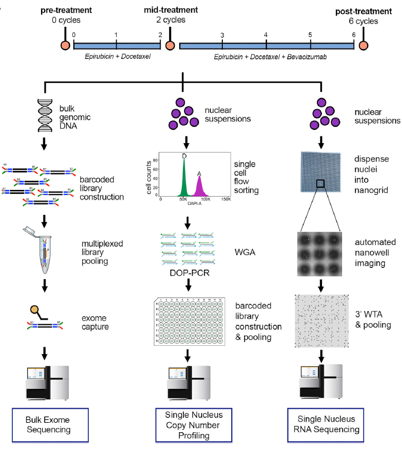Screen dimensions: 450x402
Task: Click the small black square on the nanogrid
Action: pos(321,184)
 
